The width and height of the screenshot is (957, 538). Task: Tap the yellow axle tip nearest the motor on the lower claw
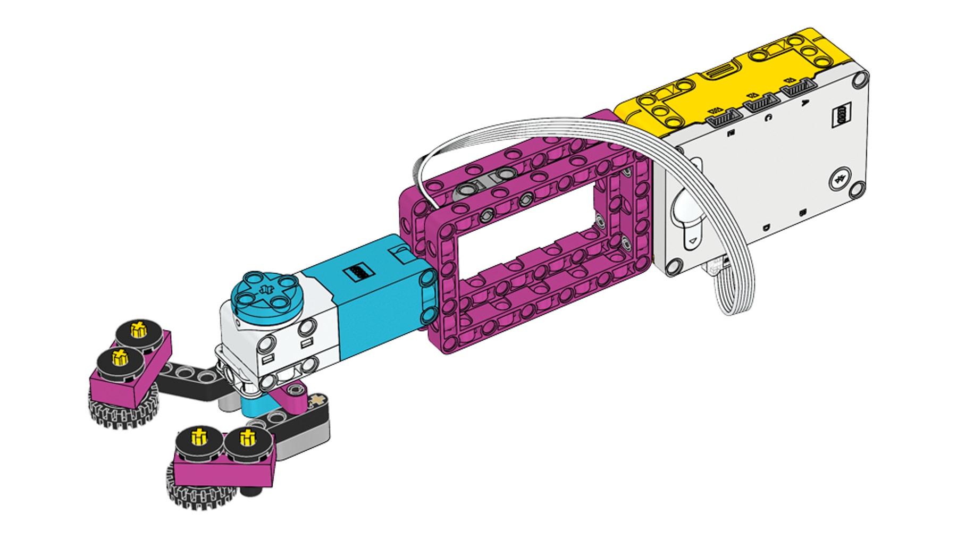coord(247,438)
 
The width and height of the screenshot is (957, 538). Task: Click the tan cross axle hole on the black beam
coord(319,399)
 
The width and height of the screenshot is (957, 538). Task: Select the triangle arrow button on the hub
coord(692,242)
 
